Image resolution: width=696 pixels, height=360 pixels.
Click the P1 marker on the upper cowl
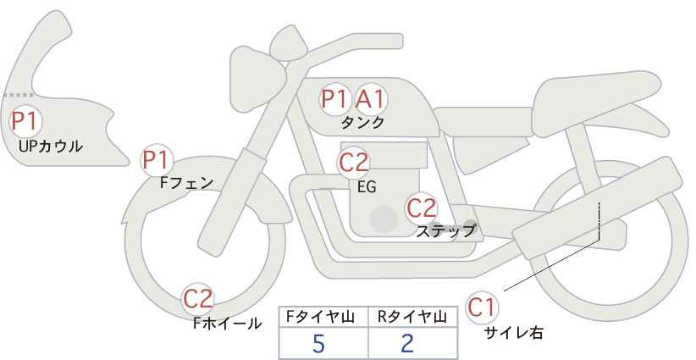(25, 121)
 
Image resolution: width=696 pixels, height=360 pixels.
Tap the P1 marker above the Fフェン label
(157, 160)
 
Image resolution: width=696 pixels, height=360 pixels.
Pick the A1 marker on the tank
(371, 99)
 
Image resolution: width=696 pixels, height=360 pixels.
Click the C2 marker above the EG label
(353, 163)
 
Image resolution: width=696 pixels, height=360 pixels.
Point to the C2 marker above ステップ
(423, 208)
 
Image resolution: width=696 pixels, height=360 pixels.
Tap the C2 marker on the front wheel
(199, 299)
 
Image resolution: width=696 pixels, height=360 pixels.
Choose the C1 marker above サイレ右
(482, 307)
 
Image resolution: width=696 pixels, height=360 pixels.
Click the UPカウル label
(51, 146)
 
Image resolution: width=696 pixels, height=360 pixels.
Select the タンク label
(362, 122)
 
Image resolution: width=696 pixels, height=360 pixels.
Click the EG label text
(367, 187)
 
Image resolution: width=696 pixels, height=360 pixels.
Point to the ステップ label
(445, 231)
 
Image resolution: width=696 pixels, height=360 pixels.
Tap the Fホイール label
(227, 324)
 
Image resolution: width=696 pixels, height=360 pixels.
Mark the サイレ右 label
(514, 333)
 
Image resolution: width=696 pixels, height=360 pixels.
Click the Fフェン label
(187, 183)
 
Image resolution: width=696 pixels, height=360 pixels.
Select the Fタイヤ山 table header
(320, 317)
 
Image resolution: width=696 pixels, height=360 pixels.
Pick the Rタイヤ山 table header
(412, 317)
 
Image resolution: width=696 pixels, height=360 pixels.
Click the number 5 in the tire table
(318, 344)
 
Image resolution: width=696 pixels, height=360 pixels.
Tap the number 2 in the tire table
(407, 344)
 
